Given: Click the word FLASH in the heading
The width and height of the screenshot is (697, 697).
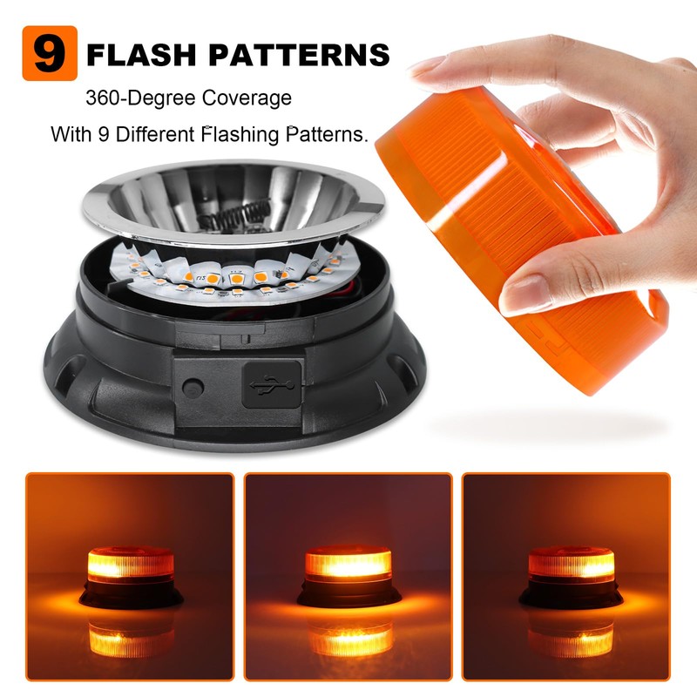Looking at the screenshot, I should [143, 55].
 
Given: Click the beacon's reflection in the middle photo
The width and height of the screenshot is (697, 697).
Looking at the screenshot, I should [348, 640].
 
